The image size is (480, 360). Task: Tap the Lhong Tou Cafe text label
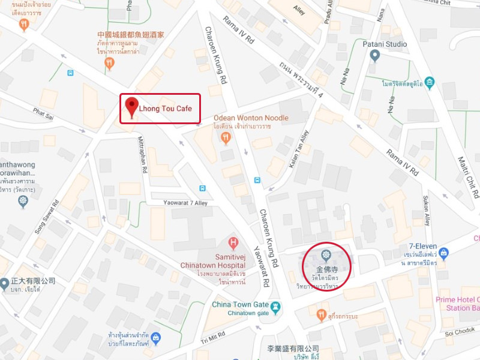166,109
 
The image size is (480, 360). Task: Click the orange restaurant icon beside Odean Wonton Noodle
226,138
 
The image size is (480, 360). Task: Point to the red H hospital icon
234,243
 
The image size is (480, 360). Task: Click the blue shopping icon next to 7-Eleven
443,254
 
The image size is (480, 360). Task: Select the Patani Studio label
385,44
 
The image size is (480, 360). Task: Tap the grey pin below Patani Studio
375,56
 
